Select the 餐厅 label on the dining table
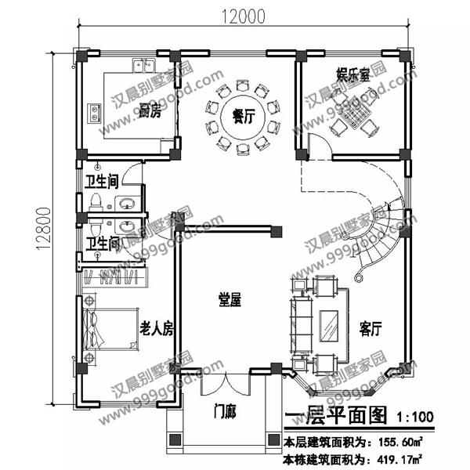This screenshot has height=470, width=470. pos(244,116)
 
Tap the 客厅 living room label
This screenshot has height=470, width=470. pos(370,325)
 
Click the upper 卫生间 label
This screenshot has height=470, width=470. pos(101,183)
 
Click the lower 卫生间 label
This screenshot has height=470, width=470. pos(101,244)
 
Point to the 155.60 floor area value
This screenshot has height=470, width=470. pos(398,440)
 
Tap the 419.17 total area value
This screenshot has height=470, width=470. pos(398,457)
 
